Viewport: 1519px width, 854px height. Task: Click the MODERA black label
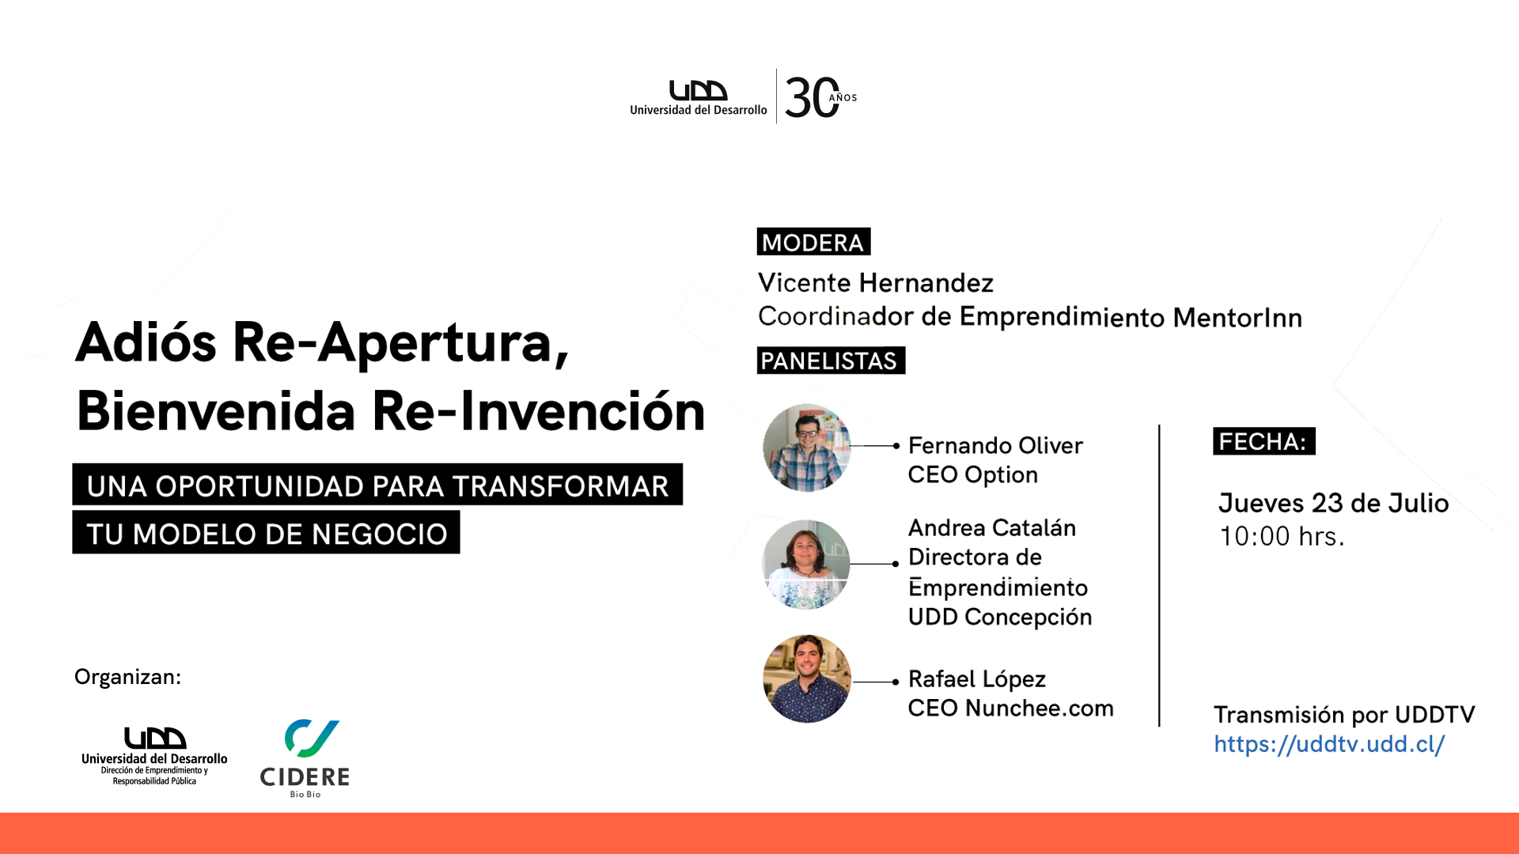coord(813,242)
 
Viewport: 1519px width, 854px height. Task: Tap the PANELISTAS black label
coord(831,361)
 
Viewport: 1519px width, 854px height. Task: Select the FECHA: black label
coord(1263,441)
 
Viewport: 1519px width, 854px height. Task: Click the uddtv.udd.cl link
coord(1329,744)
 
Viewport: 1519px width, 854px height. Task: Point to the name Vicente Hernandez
coord(875,282)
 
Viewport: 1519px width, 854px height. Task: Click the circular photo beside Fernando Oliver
coord(806,448)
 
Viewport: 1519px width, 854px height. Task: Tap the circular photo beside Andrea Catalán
coord(806,564)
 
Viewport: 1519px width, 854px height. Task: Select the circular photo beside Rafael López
coord(806,679)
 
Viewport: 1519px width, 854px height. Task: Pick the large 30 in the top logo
coord(812,98)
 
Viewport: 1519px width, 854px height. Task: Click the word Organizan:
coord(127,677)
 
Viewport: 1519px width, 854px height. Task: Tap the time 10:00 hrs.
coord(1282,536)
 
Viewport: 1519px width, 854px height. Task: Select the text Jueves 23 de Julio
coord(1334,503)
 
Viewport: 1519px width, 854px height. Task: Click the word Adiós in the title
coord(146,342)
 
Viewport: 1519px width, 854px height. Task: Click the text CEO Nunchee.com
coord(1010,708)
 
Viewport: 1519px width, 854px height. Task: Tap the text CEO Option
coord(972,474)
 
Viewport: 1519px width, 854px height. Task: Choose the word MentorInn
coord(1237,317)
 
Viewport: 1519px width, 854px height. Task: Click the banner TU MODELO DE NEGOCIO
coord(266,532)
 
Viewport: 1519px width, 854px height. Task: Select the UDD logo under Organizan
coord(154,756)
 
